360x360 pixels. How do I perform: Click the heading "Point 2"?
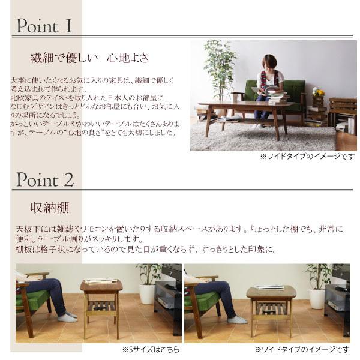point(45,179)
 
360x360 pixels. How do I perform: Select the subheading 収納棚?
point(50,208)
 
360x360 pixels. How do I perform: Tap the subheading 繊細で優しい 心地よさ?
point(89,58)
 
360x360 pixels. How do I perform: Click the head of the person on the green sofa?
point(270,62)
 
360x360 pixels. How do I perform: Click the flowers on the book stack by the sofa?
point(317,92)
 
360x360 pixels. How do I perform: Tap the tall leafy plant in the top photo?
point(220,66)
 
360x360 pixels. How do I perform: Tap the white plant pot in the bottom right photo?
point(317,298)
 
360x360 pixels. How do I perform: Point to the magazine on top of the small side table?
point(100,281)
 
